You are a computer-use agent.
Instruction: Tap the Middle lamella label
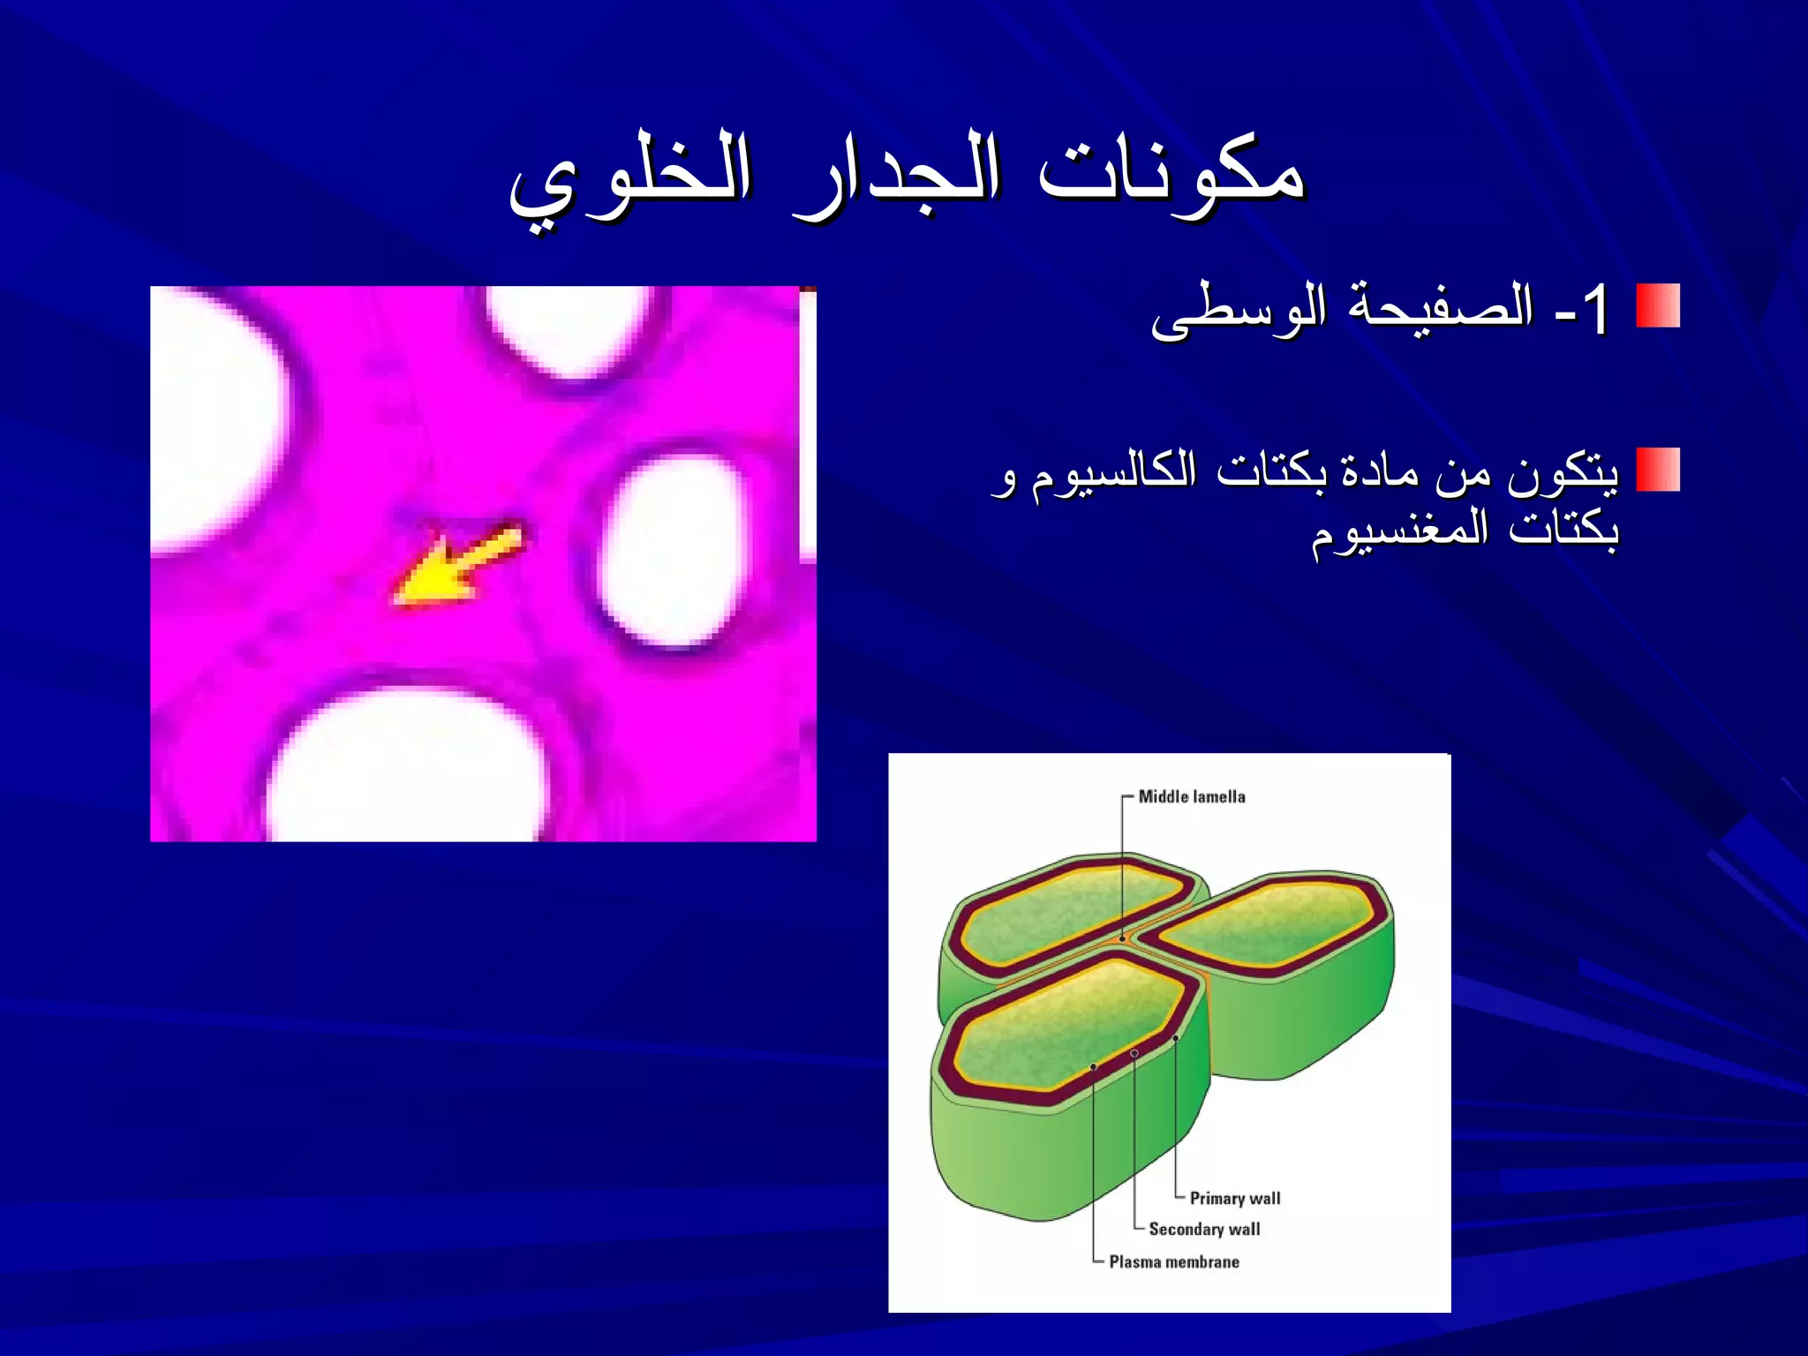(1191, 796)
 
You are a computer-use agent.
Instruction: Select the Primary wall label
(1234, 1198)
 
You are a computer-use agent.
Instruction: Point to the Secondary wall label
(1204, 1229)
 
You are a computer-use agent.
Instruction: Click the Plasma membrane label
(1173, 1262)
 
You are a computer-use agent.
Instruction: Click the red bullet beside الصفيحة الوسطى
(1657, 305)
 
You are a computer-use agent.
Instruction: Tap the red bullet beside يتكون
(1657, 469)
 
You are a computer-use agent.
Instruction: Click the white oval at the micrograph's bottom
(406, 768)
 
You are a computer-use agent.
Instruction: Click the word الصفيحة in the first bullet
(1439, 306)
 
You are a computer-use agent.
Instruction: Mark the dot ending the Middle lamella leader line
(1122, 938)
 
